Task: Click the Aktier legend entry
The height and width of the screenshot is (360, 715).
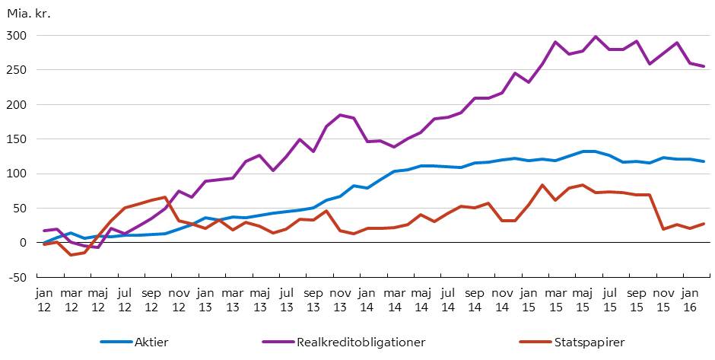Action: pyautogui.click(x=149, y=342)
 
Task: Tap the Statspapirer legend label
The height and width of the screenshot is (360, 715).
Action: pyautogui.click(x=589, y=342)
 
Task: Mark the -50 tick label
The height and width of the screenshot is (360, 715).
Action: pyautogui.click(x=15, y=277)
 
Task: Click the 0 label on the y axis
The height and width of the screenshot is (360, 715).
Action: pyautogui.click(x=23, y=243)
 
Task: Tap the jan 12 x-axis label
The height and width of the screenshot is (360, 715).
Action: pyautogui.click(x=44, y=298)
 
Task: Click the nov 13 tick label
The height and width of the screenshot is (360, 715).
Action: pyautogui.click(x=339, y=298)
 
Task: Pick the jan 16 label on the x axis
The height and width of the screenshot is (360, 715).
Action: pyautogui.click(x=691, y=298)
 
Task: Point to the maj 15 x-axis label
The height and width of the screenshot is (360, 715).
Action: pyautogui.click(x=583, y=298)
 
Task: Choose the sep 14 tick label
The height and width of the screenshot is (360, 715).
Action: pyautogui.click(x=475, y=298)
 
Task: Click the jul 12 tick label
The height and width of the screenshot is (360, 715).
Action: pyautogui.click(x=125, y=298)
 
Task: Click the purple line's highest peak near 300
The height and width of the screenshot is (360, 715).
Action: pyautogui.click(x=596, y=37)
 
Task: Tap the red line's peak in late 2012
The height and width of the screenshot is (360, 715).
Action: pyautogui.click(x=165, y=197)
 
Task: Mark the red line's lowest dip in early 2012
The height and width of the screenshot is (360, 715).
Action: pyautogui.click(x=71, y=254)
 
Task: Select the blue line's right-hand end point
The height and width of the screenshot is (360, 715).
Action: pyautogui.click(x=704, y=161)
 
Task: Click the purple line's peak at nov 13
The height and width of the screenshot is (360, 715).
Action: pyautogui.click(x=340, y=115)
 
